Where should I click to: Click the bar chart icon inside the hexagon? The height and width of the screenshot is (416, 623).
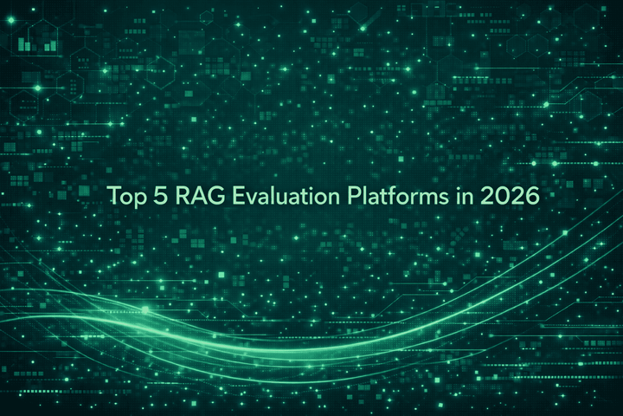click(x=39, y=39)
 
